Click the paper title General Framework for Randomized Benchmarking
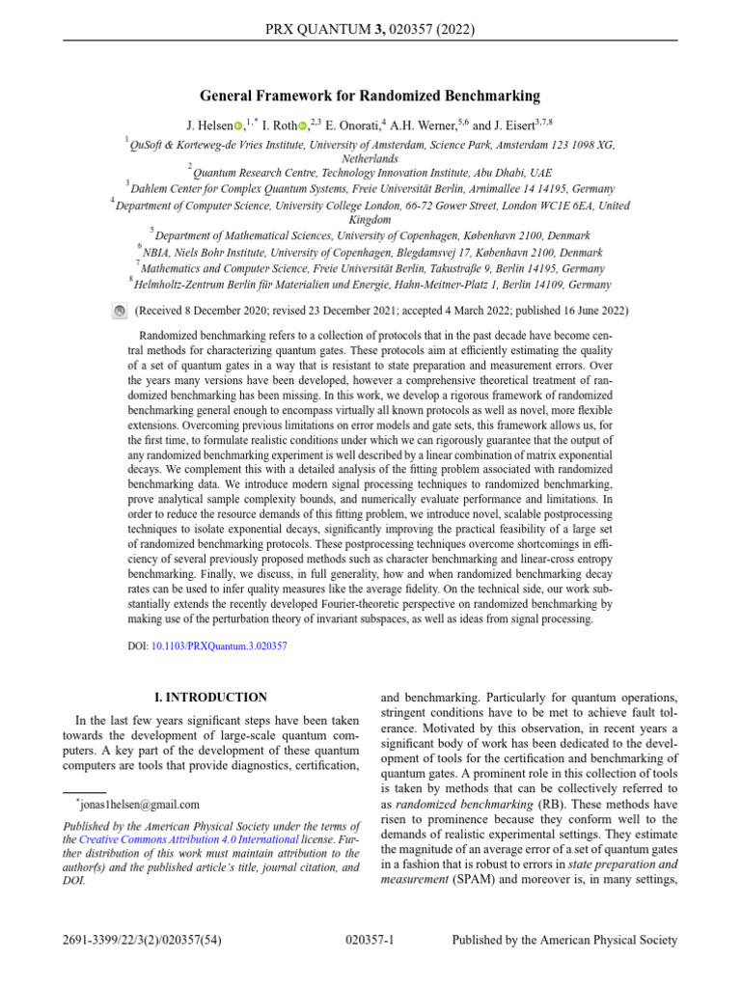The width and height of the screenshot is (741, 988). tap(370, 96)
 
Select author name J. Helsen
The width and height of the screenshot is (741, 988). tap(208, 125)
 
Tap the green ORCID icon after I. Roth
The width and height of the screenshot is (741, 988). tap(302, 125)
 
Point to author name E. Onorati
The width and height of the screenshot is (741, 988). tap(352, 125)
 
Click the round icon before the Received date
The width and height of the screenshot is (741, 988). tap(119, 312)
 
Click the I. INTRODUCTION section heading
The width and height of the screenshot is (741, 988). tap(211, 697)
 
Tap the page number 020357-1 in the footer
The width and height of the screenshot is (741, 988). tap(370, 940)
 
